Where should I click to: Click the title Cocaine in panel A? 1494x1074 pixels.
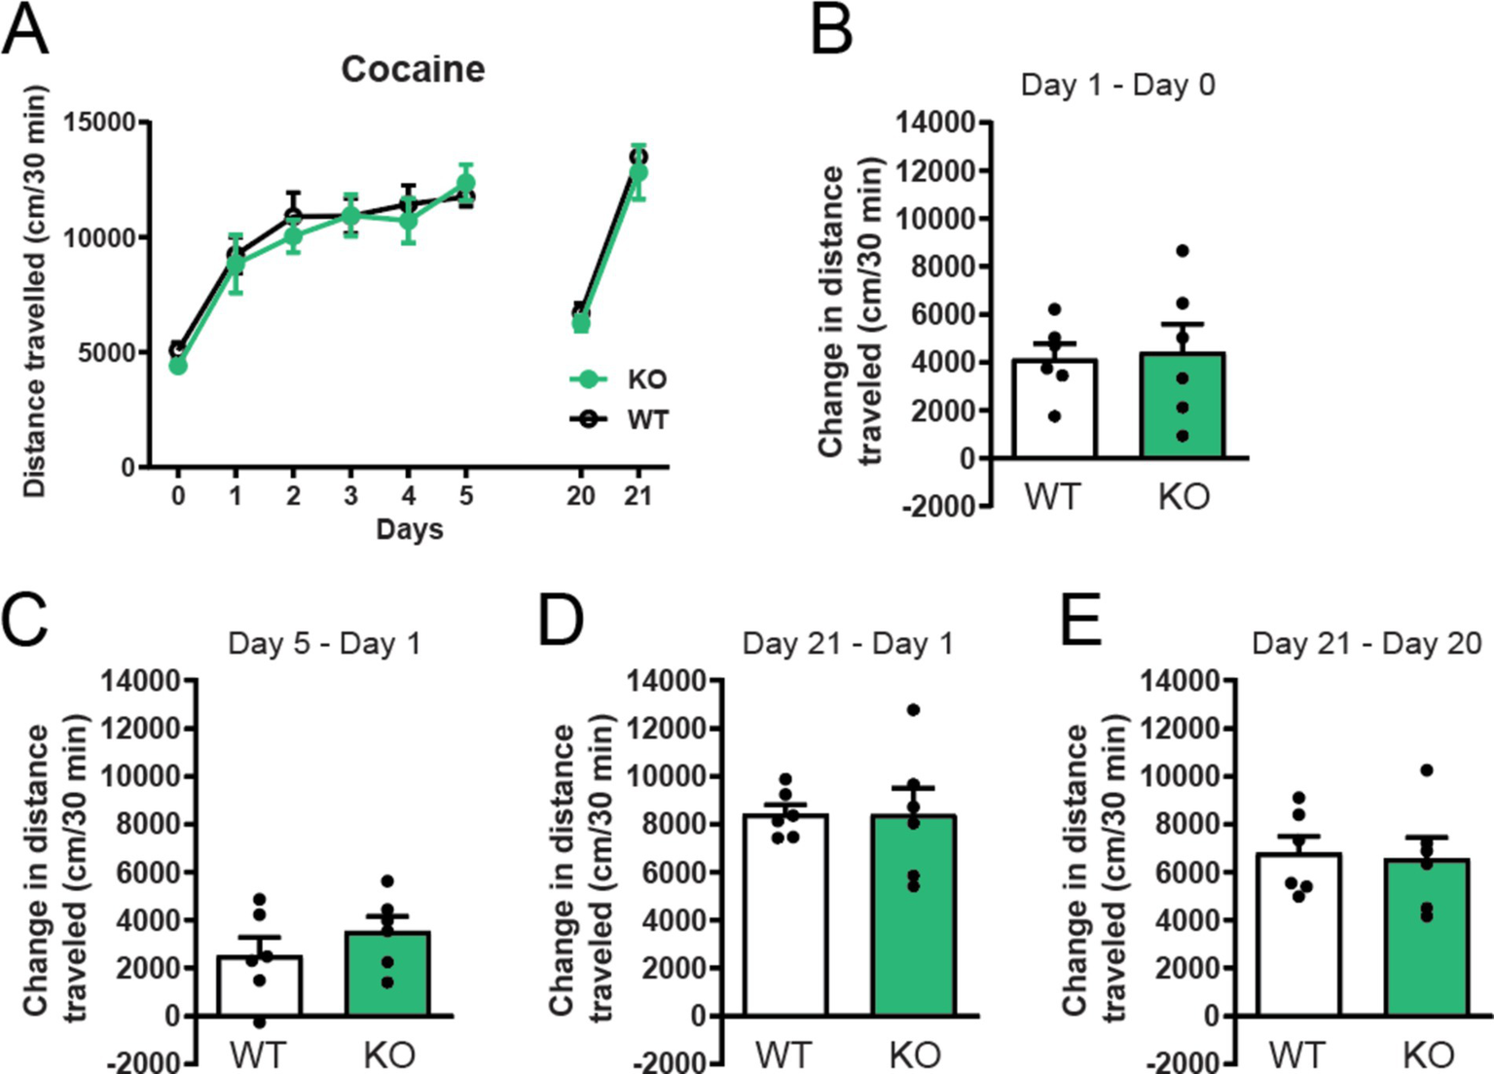coord(413,69)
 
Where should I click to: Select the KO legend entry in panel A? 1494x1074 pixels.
coord(619,379)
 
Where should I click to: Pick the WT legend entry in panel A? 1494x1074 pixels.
coord(619,419)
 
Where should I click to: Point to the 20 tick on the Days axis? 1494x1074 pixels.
coord(580,495)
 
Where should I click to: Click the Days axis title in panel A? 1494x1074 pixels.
coord(409,529)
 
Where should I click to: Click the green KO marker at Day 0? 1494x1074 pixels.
coord(178,366)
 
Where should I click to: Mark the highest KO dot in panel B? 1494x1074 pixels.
coord(1183,251)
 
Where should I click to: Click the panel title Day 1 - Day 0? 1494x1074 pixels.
coord(1117,86)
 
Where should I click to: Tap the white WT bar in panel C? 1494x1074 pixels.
coord(259,986)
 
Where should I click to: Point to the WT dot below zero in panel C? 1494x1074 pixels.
coord(259,1022)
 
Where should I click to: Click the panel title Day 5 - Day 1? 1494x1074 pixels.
coord(323,644)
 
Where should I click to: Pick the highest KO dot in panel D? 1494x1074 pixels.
coord(913,710)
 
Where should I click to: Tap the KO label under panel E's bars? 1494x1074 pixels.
coord(1428,1056)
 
